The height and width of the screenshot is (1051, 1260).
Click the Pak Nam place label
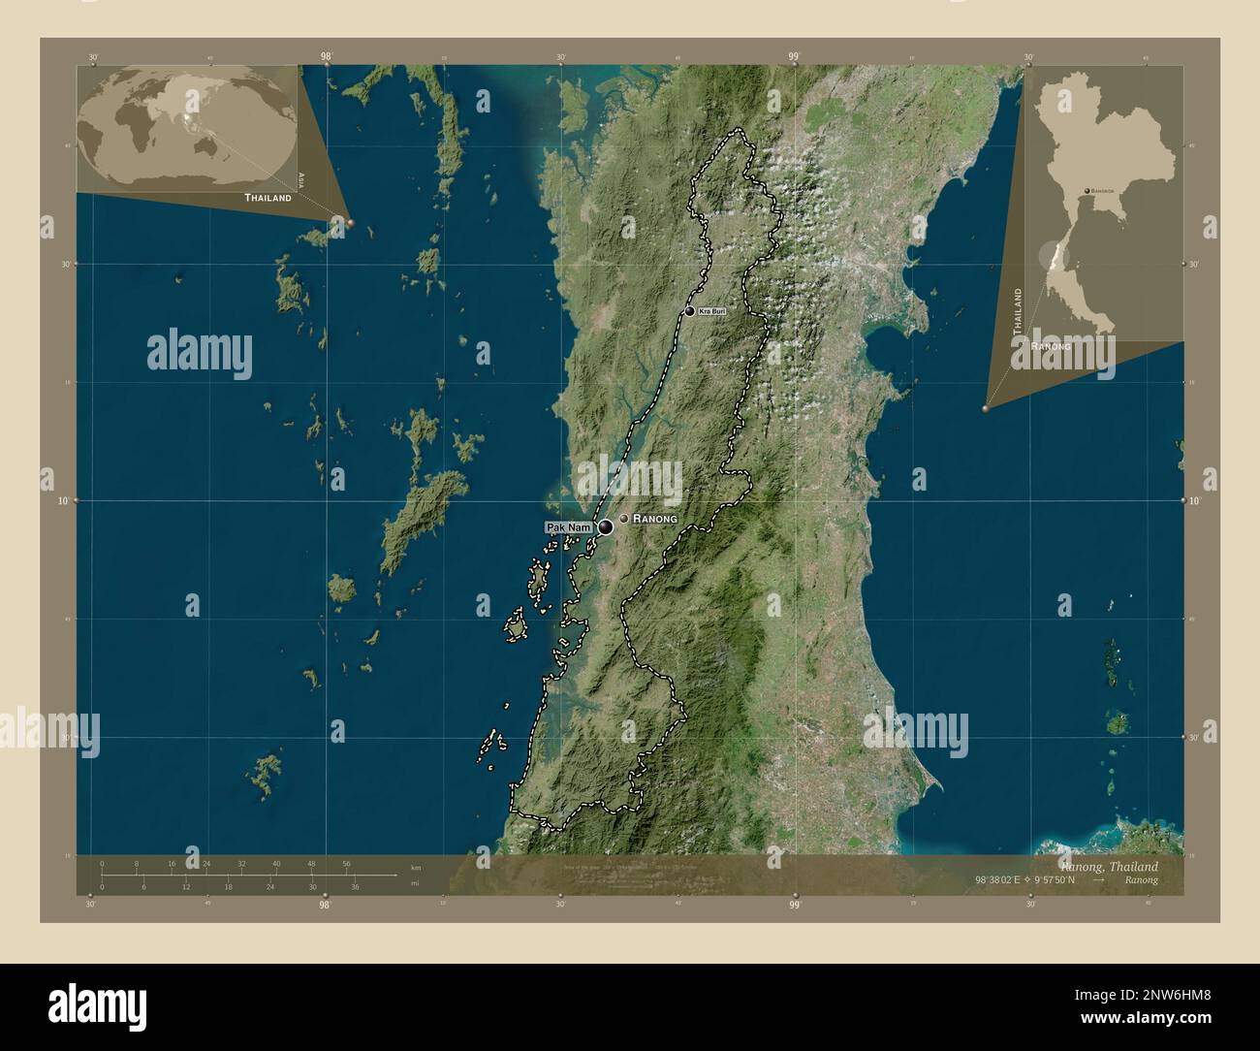(x=568, y=527)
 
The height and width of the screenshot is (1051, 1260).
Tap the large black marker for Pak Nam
(x=606, y=527)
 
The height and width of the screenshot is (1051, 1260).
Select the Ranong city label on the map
(x=654, y=520)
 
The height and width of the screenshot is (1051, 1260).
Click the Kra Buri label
(x=711, y=310)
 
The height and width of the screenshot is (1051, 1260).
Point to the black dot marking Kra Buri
(x=690, y=311)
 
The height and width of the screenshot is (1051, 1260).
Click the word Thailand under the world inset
(x=268, y=198)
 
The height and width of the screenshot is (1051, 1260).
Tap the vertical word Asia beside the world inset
(x=301, y=178)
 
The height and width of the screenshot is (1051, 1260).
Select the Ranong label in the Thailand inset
(x=1051, y=346)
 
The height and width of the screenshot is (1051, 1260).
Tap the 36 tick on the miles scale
(x=355, y=886)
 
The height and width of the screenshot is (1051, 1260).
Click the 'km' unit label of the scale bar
(x=416, y=867)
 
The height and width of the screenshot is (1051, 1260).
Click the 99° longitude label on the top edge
(x=794, y=57)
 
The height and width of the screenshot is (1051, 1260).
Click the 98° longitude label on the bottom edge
(x=326, y=906)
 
